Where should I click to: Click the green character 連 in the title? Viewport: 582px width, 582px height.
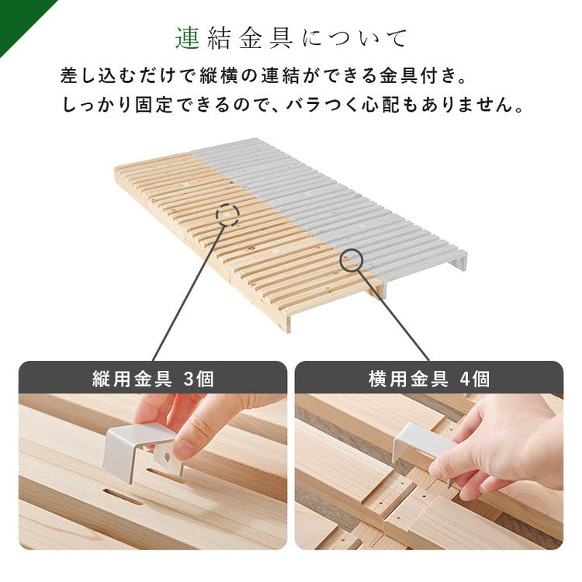[188, 37]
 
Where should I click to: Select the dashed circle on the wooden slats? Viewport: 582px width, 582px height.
[227, 214]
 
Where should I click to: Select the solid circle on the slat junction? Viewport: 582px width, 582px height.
[351, 260]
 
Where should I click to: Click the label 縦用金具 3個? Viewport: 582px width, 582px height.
[153, 379]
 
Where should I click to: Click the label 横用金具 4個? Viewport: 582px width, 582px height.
[428, 379]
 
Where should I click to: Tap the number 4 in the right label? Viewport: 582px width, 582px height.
[465, 379]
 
